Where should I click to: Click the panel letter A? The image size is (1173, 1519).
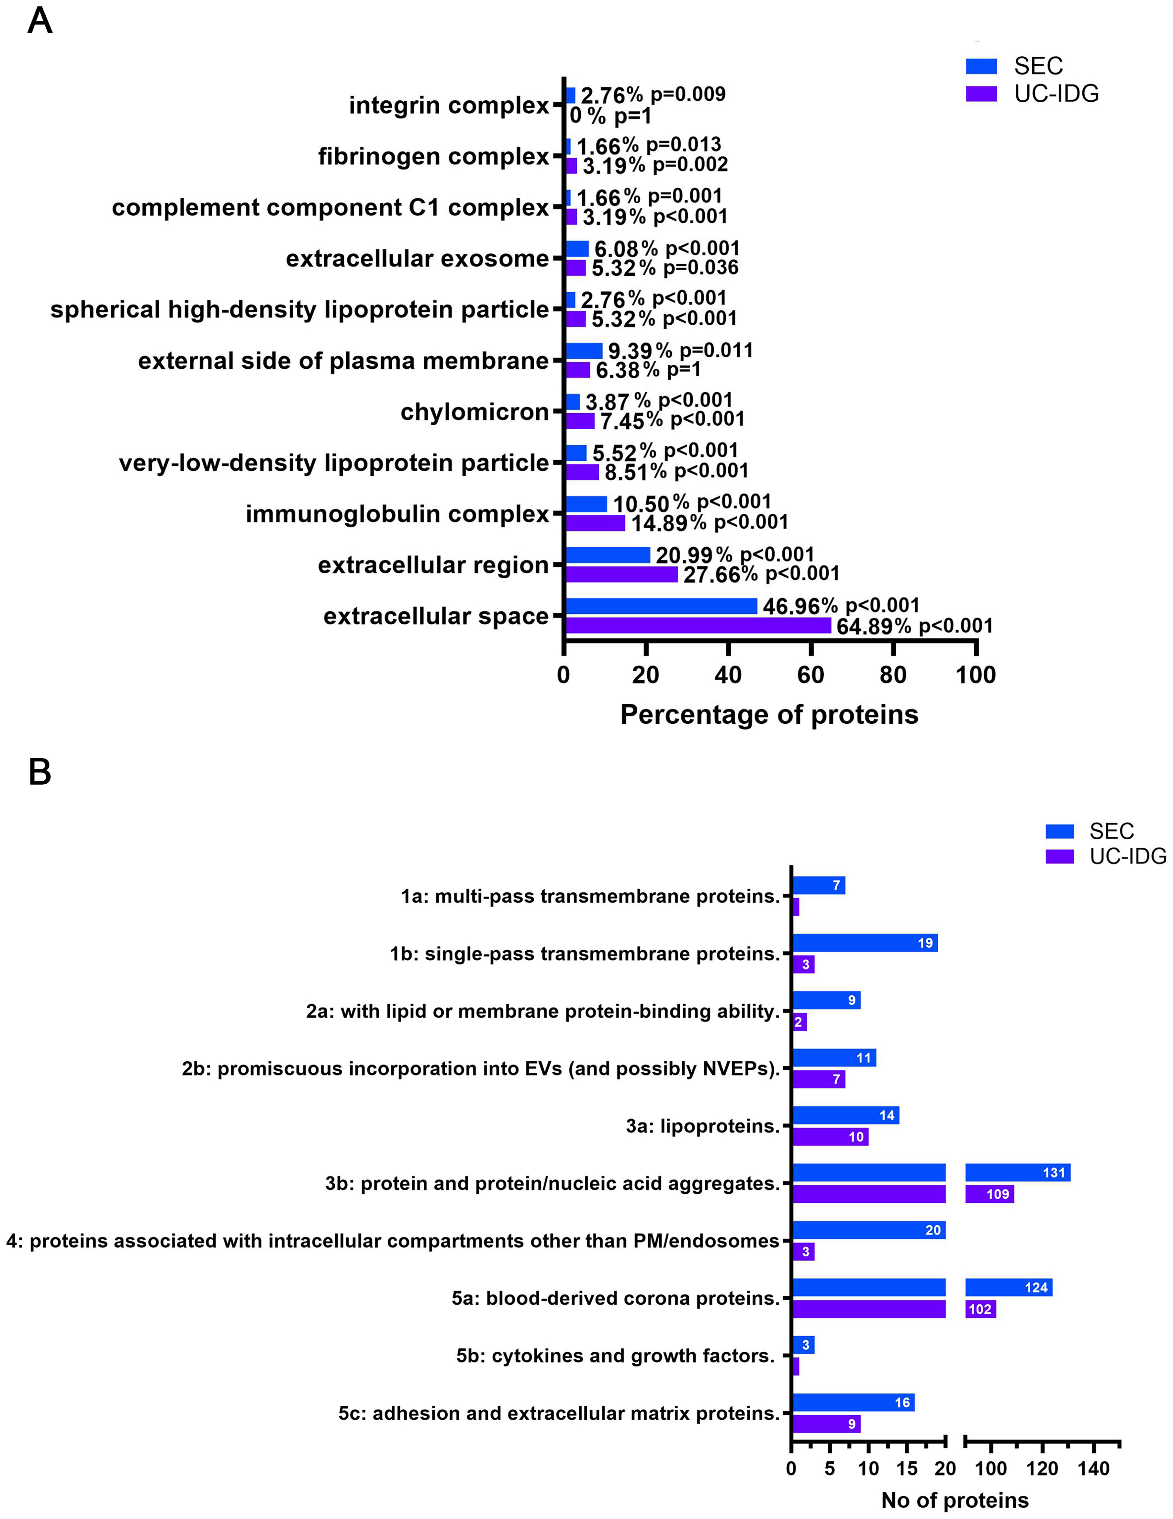pyautogui.click(x=40, y=21)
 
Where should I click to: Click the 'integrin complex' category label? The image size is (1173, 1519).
pyautogui.click(x=449, y=105)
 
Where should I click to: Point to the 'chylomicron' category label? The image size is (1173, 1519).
pyautogui.click(x=475, y=412)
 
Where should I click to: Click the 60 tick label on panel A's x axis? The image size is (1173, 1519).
pyautogui.click(x=811, y=675)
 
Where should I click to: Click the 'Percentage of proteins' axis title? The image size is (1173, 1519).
pyautogui.click(x=769, y=714)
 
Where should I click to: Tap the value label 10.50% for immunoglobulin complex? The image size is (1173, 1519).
pyautogui.click(x=651, y=503)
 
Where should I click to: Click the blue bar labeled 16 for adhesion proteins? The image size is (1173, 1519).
pyautogui.click(x=853, y=1402)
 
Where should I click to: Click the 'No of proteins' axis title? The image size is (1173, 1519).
pyautogui.click(x=955, y=1500)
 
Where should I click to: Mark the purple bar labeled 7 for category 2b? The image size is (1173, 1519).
pyautogui.click(x=818, y=1079)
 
